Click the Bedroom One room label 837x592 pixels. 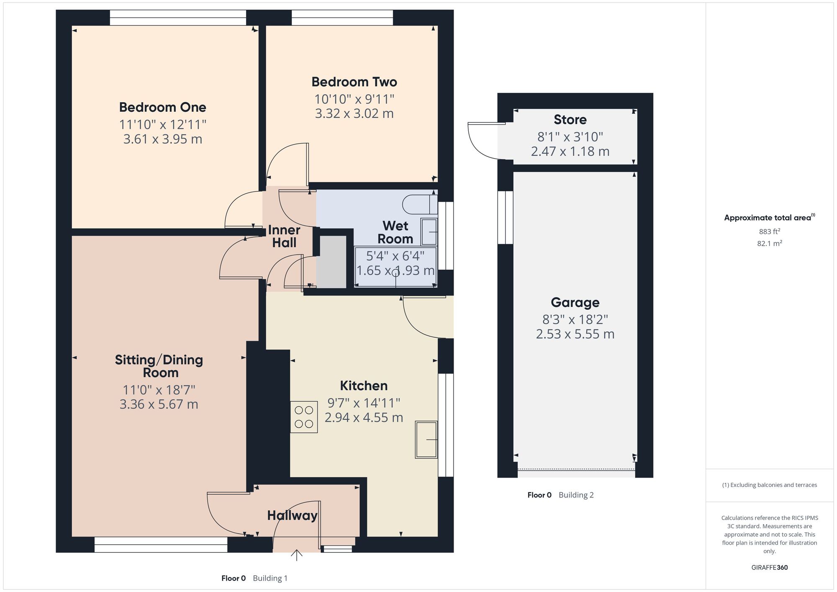point(162,107)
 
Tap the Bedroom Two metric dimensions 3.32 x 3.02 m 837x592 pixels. point(354,113)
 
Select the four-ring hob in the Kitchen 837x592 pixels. point(304,417)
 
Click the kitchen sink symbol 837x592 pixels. point(426,440)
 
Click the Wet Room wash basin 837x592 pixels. point(429,232)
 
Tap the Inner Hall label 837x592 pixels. point(284,236)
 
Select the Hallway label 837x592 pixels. point(292,515)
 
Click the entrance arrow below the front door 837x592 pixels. point(296,555)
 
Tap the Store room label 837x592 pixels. point(570,120)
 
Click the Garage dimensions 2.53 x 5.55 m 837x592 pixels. point(575,334)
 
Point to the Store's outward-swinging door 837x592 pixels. point(485,140)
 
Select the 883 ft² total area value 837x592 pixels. point(769,232)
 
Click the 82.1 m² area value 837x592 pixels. point(769,243)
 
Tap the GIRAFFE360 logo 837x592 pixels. point(769,568)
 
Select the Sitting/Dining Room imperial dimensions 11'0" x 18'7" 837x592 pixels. point(159,390)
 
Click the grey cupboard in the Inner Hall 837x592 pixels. point(331,262)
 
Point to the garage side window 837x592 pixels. point(505,217)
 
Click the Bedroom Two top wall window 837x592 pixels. point(342,18)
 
